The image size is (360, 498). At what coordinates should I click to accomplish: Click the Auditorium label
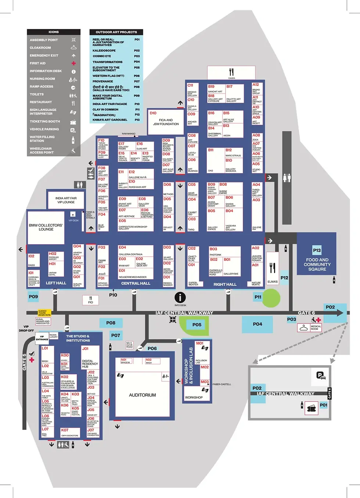(142, 395)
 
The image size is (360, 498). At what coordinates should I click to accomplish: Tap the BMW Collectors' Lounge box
(46, 227)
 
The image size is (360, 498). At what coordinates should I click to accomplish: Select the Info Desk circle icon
(180, 297)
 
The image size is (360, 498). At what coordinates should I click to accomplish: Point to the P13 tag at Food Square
(317, 250)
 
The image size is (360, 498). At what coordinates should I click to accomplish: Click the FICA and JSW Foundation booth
(166, 122)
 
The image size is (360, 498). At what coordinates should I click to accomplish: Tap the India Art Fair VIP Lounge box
(66, 200)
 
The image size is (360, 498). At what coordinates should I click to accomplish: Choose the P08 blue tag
(111, 323)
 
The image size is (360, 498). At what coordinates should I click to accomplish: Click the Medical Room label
(316, 328)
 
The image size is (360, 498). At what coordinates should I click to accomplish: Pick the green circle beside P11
(271, 297)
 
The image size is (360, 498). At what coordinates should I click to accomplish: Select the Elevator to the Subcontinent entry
(106, 69)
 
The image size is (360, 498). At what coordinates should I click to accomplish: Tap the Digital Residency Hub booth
(90, 364)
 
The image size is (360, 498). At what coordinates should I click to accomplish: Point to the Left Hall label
(56, 283)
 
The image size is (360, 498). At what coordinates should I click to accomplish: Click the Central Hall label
(136, 284)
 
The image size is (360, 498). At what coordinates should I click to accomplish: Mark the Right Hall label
(225, 285)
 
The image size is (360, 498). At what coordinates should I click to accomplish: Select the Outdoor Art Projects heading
(116, 32)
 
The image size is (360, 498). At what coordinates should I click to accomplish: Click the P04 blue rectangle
(257, 324)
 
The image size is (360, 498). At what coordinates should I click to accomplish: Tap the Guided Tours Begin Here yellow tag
(44, 313)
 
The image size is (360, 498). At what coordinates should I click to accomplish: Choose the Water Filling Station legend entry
(42, 139)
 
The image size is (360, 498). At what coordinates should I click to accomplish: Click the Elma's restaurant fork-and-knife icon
(272, 268)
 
